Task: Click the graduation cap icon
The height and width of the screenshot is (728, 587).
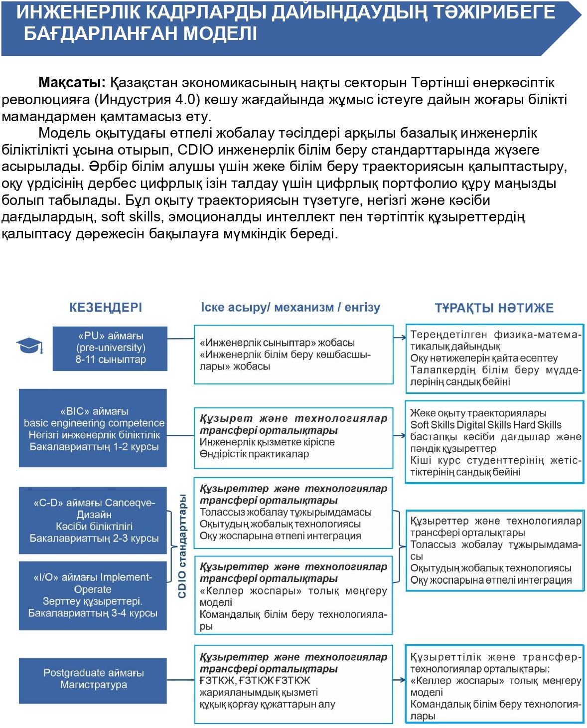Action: pos(29,346)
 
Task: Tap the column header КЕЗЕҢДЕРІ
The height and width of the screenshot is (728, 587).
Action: pos(106,307)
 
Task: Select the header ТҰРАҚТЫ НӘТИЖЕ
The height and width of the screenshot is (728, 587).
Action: pos(494,308)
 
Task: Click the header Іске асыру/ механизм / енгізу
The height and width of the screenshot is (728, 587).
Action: pos(291,307)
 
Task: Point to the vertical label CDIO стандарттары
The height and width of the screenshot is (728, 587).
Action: pos(182,546)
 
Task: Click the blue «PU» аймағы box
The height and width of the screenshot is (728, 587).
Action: pos(110,348)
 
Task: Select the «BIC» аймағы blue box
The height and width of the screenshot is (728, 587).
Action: pos(93,428)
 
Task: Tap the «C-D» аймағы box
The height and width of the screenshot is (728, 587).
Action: pos(93,520)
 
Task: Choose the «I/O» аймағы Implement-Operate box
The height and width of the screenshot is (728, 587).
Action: pos(93,595)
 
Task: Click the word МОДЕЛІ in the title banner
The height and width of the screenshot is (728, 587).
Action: pos(220,34)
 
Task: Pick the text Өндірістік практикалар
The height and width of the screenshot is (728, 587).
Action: pos(254,454)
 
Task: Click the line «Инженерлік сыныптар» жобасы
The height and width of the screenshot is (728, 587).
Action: pos(277,343)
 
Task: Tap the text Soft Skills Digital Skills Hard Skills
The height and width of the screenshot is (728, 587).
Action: pos(486,425)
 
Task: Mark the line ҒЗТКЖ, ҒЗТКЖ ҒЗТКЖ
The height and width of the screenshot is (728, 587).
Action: pos(255,681)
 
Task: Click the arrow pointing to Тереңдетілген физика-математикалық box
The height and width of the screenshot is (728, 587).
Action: pos(400,338)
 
